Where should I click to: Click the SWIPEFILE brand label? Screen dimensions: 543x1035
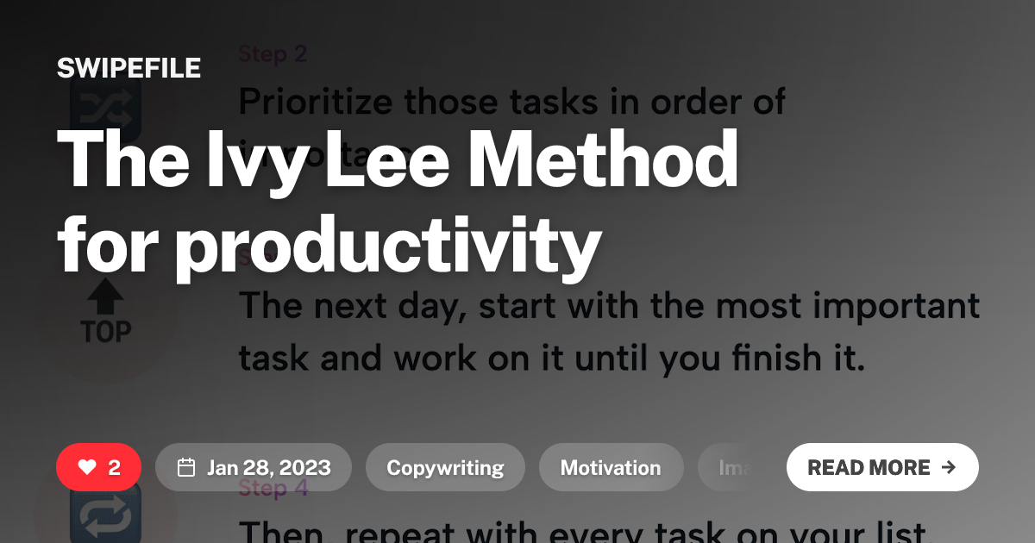click(129, 68)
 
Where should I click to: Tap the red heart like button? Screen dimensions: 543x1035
click(98, 467)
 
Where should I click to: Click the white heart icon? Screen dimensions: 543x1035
click(86, 467)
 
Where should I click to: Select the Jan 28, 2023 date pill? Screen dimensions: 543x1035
click(254, 467)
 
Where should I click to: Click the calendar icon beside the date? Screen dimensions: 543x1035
click(185, 467)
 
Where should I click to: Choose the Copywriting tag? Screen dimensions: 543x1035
click(445, 467)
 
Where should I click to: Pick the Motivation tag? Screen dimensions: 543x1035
click(611, 467)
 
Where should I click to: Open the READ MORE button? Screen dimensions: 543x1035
click(881, 467)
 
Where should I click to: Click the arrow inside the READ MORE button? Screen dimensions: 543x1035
click(949, 467)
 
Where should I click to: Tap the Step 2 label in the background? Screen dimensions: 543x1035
click(273, 53)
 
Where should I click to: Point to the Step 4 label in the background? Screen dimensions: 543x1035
click(273, 489)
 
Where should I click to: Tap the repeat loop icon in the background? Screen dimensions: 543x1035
click(105, 517)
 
